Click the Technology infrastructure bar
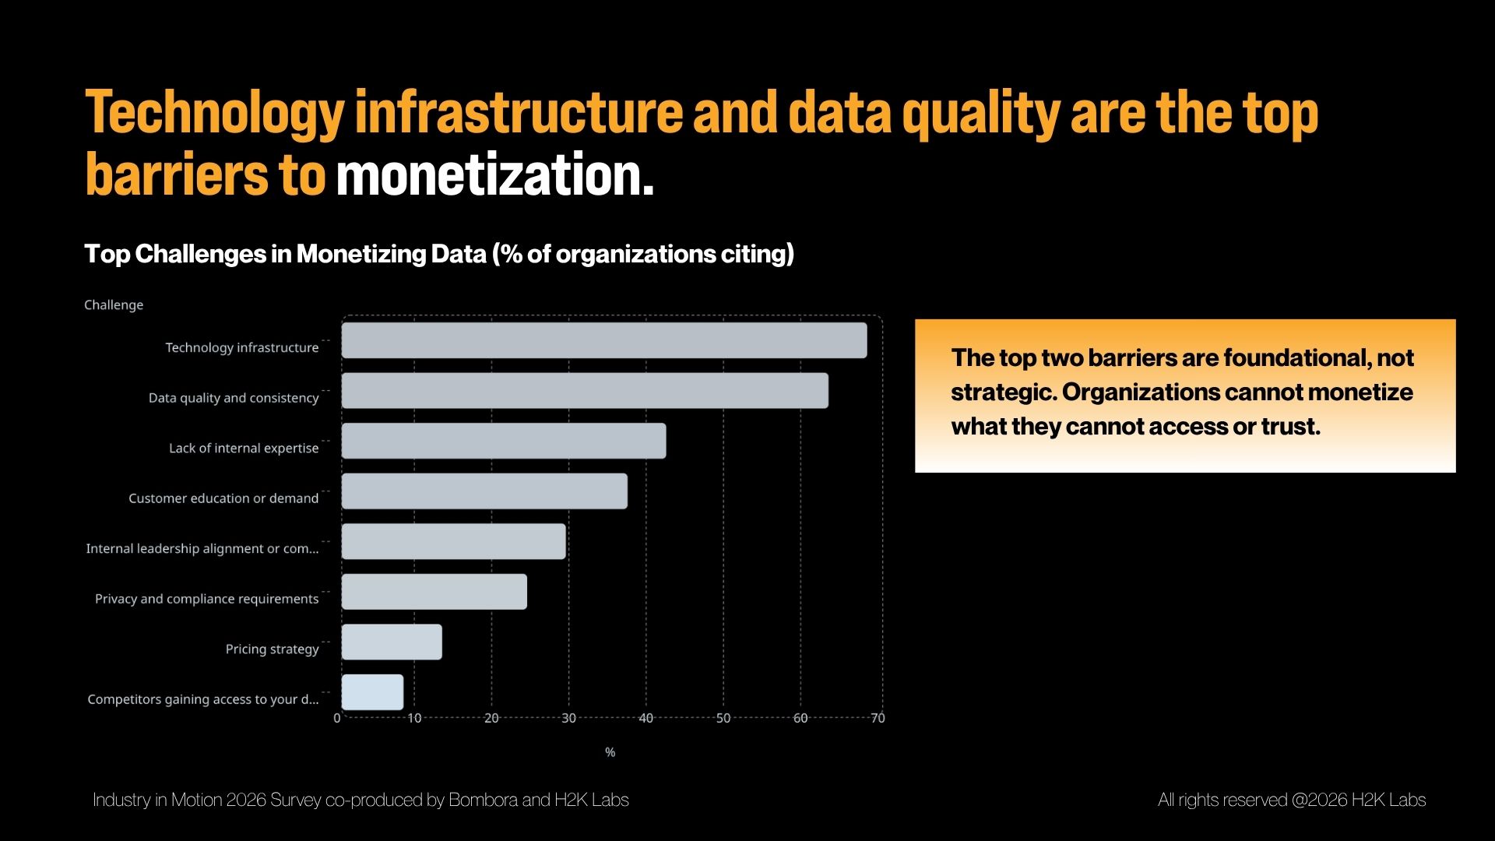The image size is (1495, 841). (x=604, y=340)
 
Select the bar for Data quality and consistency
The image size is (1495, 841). (x=585, y=390)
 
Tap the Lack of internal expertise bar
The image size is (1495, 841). (x=504, y=441)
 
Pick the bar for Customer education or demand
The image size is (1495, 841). (x=484, y=491)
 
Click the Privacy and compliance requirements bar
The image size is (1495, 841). (x=434, y=592)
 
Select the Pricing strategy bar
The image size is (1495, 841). (x=392, y=642)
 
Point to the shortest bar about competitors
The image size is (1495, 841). (x=372, y=692)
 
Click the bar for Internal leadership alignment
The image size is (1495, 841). (x=454, y=541)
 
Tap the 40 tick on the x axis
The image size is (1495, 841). (x=645, y=718)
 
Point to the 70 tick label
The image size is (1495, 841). (x=878, y=718)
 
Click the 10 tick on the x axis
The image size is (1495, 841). (x=414, y=718)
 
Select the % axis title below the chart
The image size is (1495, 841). (x=610, y=752)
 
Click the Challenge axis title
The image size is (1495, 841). (x=114, y=304)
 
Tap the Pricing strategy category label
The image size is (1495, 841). (x=272, y=649)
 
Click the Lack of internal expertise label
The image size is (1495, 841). (x=244, y=448)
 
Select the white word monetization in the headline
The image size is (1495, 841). (x=494, y=175)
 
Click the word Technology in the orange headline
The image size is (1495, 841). (x=214, y=114)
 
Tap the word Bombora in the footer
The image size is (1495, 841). (x=483, y=800)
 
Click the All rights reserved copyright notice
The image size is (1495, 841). (x=1291, y=800)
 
